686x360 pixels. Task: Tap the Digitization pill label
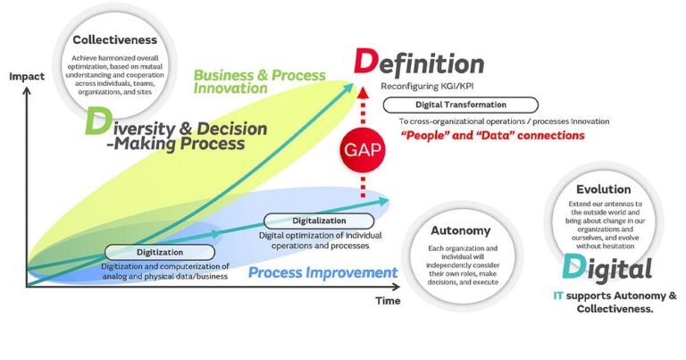point(161,252)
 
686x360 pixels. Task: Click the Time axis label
point(388,301)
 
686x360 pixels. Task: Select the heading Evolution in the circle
point(604,189)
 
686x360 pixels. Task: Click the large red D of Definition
point(366,63)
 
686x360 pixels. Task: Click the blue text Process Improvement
point(323,272)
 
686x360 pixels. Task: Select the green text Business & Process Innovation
point(258,81)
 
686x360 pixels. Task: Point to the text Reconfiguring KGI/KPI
point(428,88)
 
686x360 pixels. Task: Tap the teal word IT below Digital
point(558,295)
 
